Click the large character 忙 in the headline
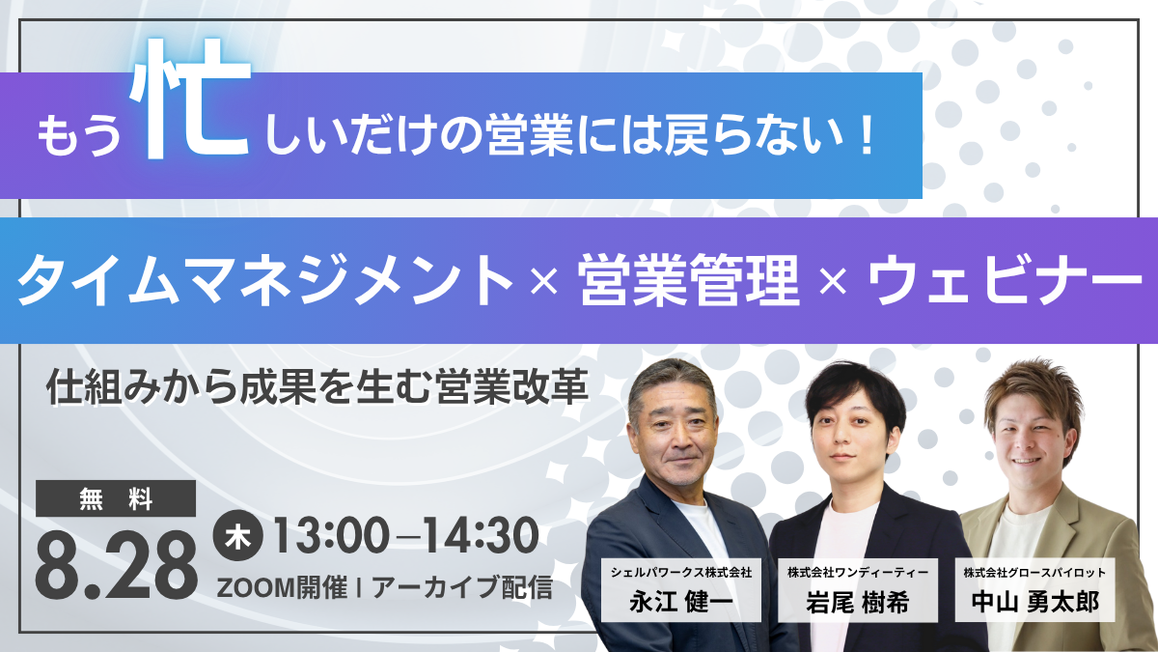190,99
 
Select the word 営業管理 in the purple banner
689,281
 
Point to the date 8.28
117,565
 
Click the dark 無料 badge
116,498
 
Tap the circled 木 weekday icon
237,535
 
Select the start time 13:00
331,535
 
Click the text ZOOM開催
282,588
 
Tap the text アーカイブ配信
462,588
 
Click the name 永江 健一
681,603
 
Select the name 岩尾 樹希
858,603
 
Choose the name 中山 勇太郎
1034,603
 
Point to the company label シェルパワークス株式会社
681,572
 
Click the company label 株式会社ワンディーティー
858,572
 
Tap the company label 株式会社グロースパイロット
1034,572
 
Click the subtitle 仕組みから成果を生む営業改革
317,386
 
